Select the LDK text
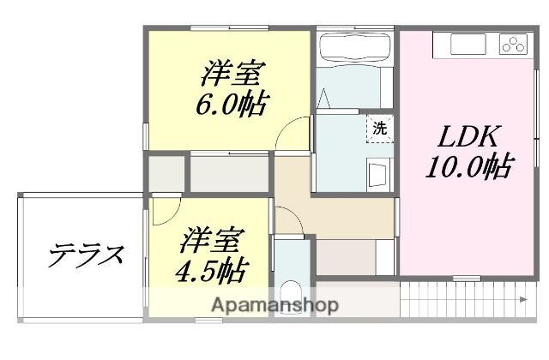point(467,136)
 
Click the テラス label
point(86,254)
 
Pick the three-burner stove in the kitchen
point(512,45)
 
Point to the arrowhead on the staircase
point(523,299)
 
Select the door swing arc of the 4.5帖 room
point(168,209)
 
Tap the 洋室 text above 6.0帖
point(229,73)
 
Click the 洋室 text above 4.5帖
point(214,237)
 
